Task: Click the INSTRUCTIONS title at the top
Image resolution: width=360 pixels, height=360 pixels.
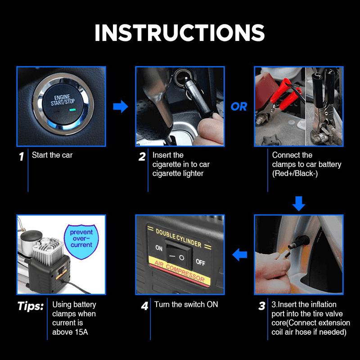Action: [x=180, y=32]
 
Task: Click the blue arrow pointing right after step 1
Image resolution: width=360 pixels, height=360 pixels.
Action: [x=120, y=107]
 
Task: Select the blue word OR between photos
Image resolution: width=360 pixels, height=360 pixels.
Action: [x=239, y=107]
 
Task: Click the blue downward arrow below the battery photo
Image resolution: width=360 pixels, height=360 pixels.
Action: [x=298, y=203]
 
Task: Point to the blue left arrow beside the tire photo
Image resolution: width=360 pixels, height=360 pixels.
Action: [x=239, y=255]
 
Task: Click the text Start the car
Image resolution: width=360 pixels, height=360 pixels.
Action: [x=52, y=155]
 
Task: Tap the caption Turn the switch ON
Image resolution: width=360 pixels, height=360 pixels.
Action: [x=186, y=305]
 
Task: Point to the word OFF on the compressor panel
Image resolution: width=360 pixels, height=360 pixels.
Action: [x=201, y=262]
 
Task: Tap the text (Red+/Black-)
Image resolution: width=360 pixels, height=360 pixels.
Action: [x=295, y=174]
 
